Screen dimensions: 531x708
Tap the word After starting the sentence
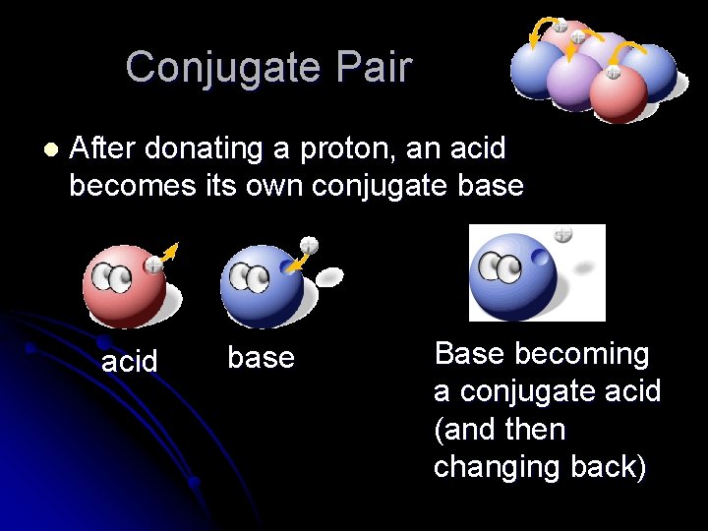102,149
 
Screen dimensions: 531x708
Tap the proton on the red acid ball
153,265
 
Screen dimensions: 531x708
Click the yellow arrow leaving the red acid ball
168,253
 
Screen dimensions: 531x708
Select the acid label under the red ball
130,362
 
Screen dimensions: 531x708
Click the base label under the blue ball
261,357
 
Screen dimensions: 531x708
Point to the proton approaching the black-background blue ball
309,244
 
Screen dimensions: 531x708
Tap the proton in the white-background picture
562,235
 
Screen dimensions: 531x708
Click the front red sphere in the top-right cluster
618,93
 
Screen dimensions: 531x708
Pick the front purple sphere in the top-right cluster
575,81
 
